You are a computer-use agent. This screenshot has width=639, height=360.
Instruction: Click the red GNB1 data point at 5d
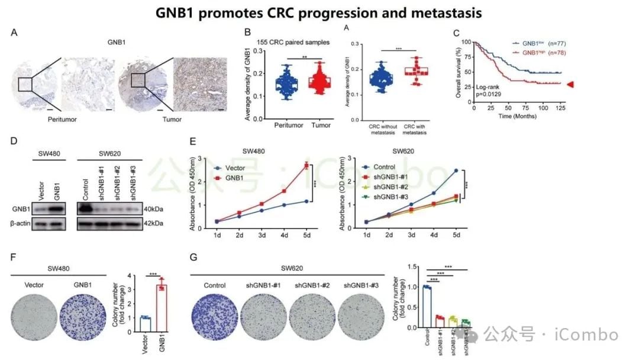306,165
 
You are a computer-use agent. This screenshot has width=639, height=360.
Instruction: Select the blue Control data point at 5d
456,171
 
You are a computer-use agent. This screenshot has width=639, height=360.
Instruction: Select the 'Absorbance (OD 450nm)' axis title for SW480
193,192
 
